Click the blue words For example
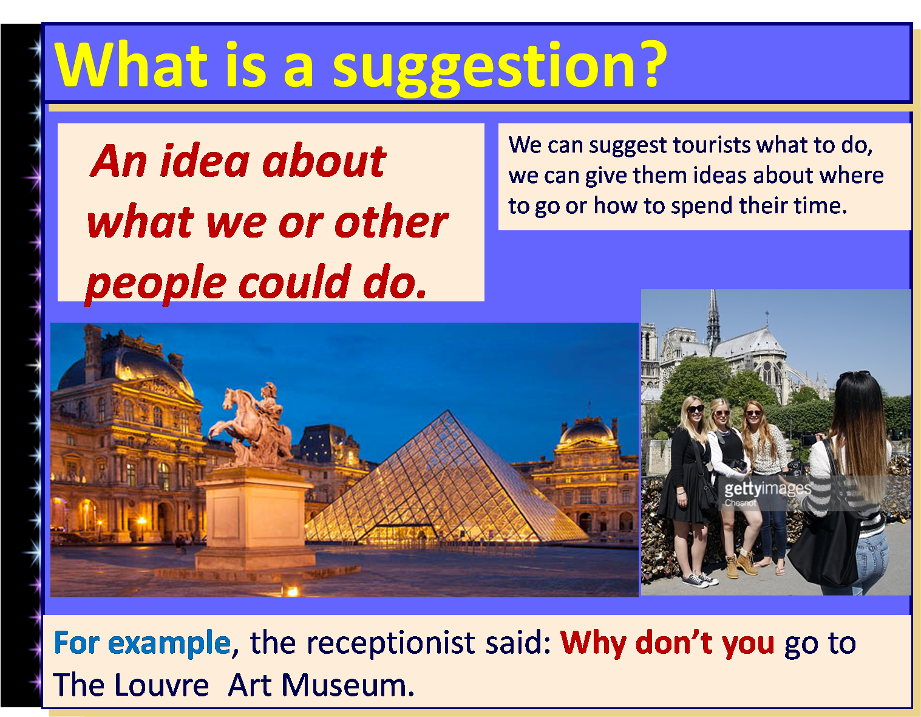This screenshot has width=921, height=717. click(142, 642)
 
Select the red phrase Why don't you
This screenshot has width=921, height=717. click(667, 642)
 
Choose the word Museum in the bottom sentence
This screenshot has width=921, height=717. click(347, 685)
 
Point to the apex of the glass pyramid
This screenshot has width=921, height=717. click(449, 413)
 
